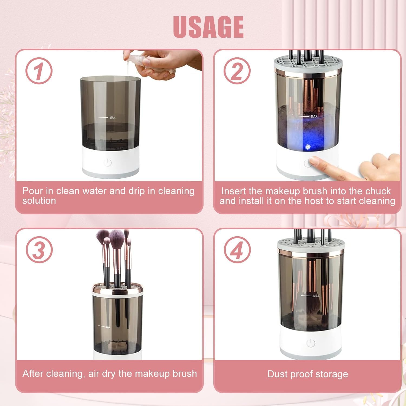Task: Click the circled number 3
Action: tap(39, 250)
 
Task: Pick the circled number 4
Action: tap(237, 250)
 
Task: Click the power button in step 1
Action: tap(107, 163)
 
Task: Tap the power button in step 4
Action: tap(311, 343)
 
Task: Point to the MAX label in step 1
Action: tap(112, 118)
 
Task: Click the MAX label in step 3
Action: tap(108, 327)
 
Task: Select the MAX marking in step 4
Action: tap(316, 296)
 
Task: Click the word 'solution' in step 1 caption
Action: tap(39, 201)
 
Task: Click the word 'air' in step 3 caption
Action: tap(94, 374)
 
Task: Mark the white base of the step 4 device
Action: tap(311, 344)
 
